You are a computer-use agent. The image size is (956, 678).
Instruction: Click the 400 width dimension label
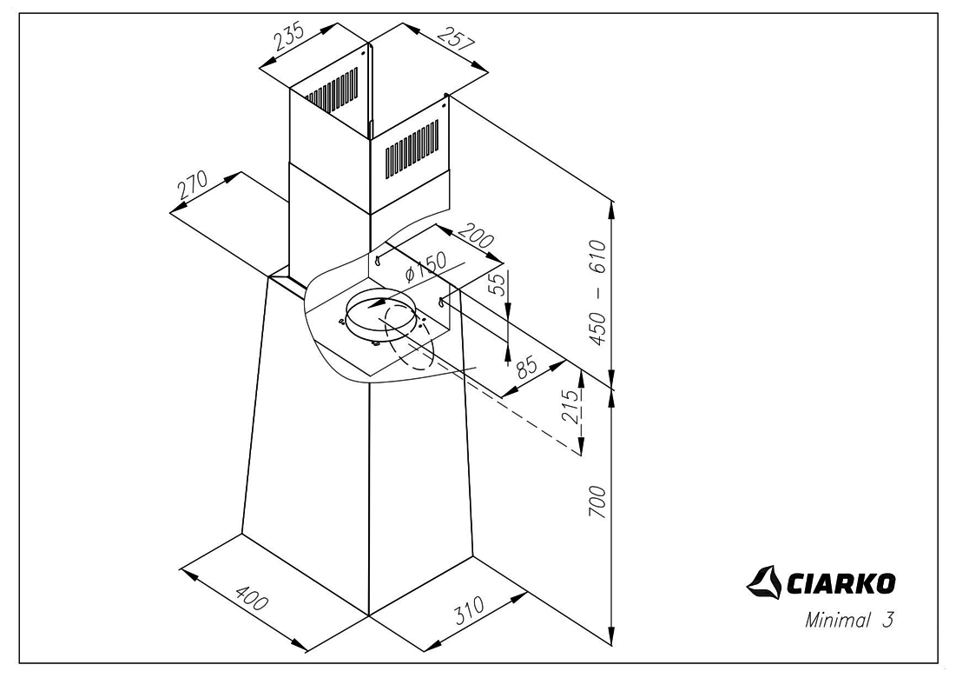coord(252,602)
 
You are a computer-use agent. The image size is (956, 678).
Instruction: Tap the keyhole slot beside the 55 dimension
coord(443,302)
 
